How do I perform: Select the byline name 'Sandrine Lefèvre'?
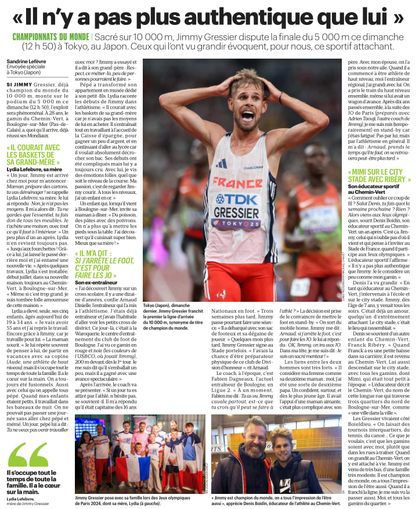26,61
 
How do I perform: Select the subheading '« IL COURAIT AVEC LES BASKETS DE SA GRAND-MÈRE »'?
35,156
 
